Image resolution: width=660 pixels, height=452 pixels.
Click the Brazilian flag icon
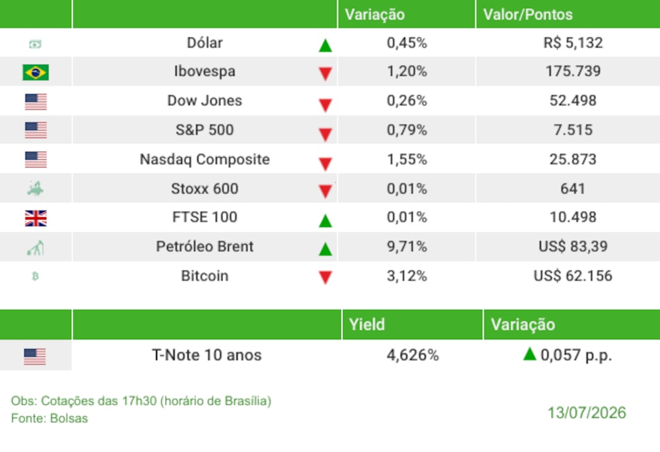pyautogui.click(x=36, y=72)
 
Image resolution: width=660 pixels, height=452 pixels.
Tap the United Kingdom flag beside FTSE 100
pyautogui.click(x=36, y=218)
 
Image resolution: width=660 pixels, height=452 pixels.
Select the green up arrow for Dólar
pyautogui.click(x=325, y=45)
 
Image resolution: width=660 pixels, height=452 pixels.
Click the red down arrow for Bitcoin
pyautogui.click(x=325, y=277)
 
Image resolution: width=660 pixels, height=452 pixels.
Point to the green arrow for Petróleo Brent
pyautogui.click(x=325, y=249)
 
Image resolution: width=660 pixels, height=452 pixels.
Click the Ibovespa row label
pyautogui.click(x=205, y=71)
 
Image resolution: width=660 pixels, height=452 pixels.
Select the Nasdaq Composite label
pyautogui.click(x=205, y=160)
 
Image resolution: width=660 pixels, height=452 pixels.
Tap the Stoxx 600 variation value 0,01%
pyautogui.click(x=407, y=189)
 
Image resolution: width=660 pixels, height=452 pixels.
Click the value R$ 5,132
pyautogui.click(x=573, y=43)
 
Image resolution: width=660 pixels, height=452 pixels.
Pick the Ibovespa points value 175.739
pyautogui.click(x=573, y=71)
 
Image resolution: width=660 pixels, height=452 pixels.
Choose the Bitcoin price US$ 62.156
pyautogui.click(x=573, y=276)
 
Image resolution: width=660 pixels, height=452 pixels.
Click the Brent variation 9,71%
pyautogui.click(x=407, y=246)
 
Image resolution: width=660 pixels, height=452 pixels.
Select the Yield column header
pyautogui.click(x=366, y=325)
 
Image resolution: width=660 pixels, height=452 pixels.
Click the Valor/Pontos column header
pyautogui.click(x=528, y=15)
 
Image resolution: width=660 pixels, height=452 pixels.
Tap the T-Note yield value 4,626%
pyautogui.click(x=412, y=355)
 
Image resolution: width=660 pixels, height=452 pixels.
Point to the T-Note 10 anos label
pyautogui.click(x=207, y=355)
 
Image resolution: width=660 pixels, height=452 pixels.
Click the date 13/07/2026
pyautogui.click(x=586, y=413)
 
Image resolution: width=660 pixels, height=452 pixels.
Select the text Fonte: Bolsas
pyautogui.click(x=49, y=418)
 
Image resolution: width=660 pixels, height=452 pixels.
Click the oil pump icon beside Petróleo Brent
pyautogui.click(x=36, y=247)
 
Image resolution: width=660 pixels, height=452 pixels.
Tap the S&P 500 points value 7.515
pyautogui.click(x=573, y=130)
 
